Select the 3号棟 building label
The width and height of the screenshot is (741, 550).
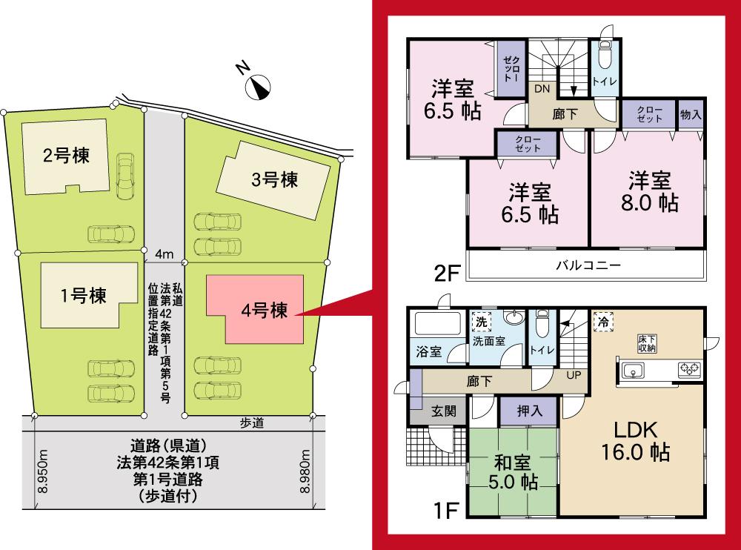pos(274,179)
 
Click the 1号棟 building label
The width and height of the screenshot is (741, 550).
pos(82,296)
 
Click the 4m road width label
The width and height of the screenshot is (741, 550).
pos(164,254)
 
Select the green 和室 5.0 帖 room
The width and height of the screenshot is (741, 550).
pos(513,471)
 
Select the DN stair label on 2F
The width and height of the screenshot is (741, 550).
pos(542,88)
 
